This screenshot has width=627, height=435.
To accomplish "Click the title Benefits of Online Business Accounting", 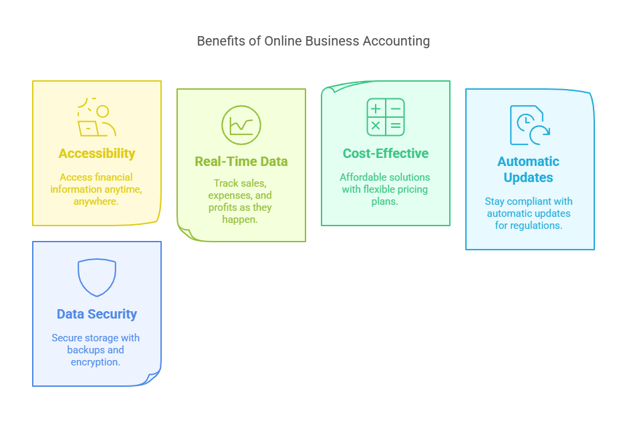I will [x=313, y=41].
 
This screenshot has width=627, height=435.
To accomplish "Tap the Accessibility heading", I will [x=97, y=153].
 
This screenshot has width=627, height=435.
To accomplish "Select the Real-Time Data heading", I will [x=241, y=161].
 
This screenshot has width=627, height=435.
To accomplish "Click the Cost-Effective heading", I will [x=386, y=153].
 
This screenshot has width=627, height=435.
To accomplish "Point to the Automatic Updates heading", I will [x=528, y=169].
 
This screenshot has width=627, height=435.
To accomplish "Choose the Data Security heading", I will [x=97, y=314].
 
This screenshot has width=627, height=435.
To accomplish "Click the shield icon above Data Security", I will [x=97, y=277].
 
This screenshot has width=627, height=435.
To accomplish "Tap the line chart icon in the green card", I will [x=241, y=124].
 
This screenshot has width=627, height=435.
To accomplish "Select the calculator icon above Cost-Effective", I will [x=386, y=117].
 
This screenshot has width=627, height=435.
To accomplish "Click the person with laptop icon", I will [x=97, y=118].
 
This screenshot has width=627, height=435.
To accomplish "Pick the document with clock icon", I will [x=529, y=125].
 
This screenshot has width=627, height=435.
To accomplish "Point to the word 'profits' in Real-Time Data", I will [x=224, y=207].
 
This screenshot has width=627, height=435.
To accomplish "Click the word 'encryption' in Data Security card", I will [x=95, y=362].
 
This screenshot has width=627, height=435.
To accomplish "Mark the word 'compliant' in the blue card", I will [x=529, y=201].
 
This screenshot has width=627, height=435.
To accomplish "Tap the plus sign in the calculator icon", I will [x=376, y=108].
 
